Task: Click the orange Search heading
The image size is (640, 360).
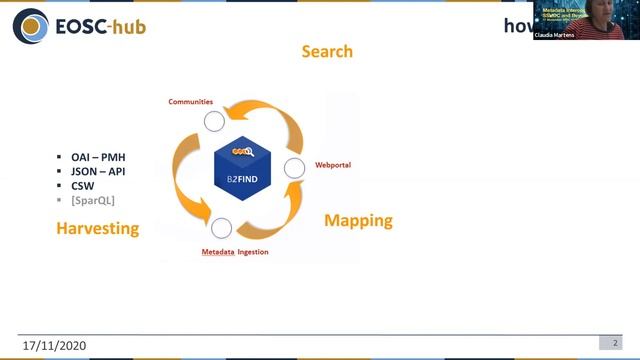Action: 327,51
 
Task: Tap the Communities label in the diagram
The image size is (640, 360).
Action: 190,102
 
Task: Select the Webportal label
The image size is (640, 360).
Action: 333,164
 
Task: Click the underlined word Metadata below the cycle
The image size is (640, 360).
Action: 211,252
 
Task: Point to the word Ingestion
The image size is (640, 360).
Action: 253,252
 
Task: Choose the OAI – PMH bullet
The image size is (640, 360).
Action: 98,158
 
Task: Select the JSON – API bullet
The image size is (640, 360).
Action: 98,172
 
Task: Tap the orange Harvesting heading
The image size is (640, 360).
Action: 96,229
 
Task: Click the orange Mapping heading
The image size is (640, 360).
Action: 358,220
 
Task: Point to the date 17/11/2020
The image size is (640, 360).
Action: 57,345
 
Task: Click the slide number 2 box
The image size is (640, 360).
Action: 615,343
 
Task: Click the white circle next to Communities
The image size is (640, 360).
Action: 214,122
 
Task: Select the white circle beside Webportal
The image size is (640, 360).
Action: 294,168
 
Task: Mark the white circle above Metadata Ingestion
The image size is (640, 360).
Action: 222,228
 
